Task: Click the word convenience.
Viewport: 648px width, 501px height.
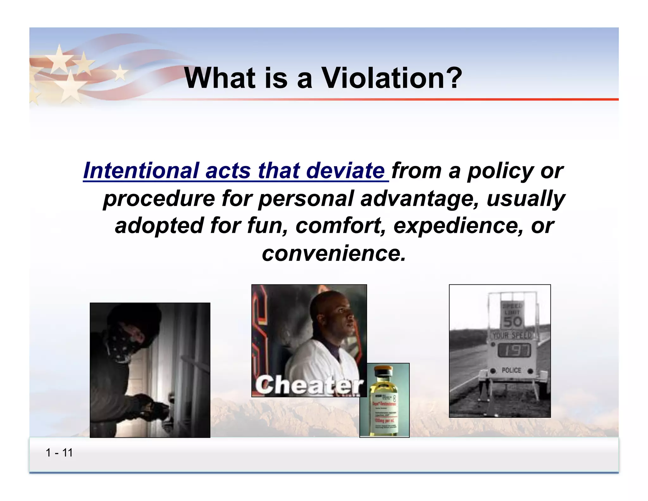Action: tap(333, 253)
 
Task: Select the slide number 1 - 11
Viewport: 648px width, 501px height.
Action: tap(59, 453)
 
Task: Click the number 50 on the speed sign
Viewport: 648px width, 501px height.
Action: tap(512, 322)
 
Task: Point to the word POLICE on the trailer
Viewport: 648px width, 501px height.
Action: tap(511, 370)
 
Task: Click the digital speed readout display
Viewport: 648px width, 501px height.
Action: tap(514, 350)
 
